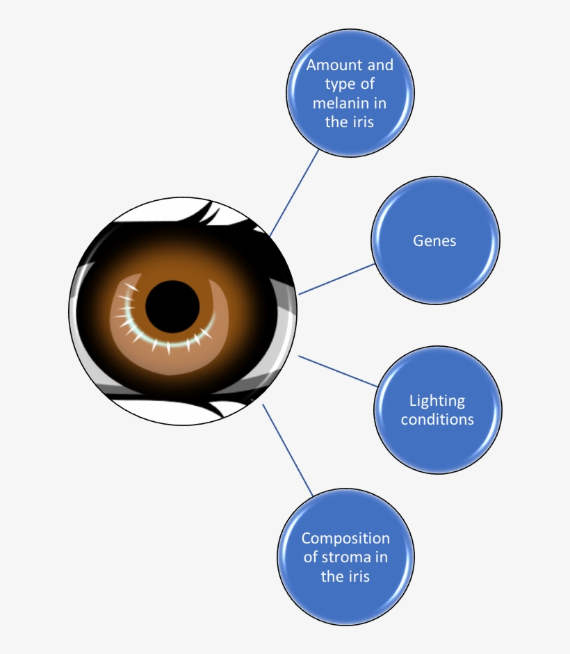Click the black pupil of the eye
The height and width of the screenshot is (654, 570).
172,306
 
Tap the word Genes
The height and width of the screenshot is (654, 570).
434,240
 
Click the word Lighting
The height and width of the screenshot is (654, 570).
437,400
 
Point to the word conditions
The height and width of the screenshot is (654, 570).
437,419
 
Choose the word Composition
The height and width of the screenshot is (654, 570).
345,539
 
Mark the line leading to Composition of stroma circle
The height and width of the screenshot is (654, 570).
288,450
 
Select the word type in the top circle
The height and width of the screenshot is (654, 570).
339,85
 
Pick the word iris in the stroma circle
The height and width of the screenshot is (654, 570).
356,576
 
